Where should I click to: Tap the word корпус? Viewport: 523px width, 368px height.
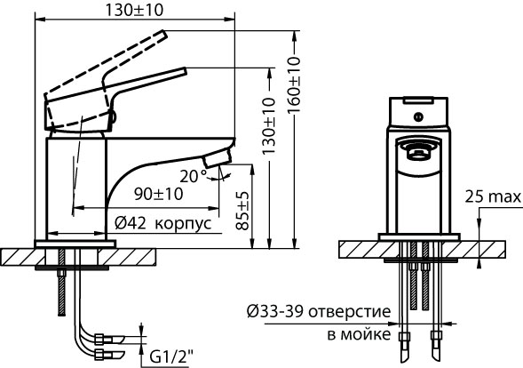[184, 223]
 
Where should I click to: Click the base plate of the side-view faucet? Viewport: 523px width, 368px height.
[75, 242]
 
